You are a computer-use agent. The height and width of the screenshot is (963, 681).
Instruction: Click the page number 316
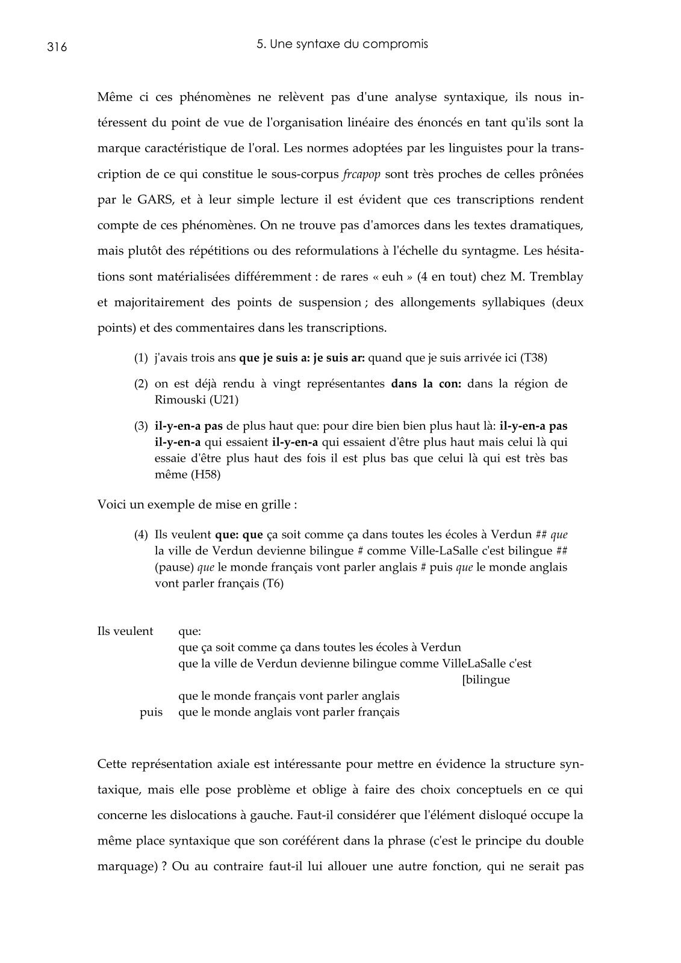tap(57, 48)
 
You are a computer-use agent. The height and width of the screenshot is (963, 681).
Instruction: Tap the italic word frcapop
tap(361, 175)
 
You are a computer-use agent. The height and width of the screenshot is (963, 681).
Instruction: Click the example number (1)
tap(141, 358)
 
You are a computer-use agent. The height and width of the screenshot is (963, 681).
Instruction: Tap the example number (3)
tap(141, 426)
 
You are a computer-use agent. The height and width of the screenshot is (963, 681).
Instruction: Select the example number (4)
tap(141, 534)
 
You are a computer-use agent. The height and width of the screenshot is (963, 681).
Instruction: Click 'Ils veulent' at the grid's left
tap(125, 631)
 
